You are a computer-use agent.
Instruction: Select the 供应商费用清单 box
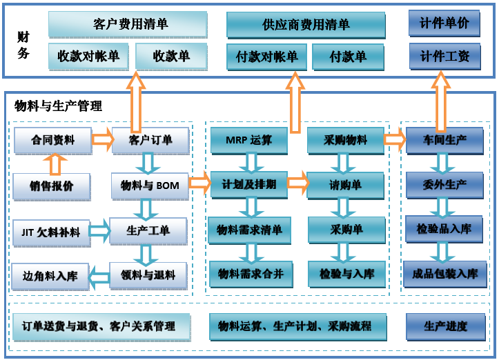pos(306,24)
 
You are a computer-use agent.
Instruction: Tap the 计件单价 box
pos(444,23)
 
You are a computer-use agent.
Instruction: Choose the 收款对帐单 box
pos(88,56)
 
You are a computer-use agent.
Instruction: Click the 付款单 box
pos(348,57)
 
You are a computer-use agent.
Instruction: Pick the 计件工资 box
pos(444,56)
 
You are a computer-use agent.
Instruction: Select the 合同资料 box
pos(52,140)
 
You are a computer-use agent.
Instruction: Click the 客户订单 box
pos(150,140)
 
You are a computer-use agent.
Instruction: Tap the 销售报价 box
pos(52,185)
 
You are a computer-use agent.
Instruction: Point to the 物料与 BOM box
pos(150,185)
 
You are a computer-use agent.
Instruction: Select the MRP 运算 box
pos(249,140)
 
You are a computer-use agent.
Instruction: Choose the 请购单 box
pos(345,184)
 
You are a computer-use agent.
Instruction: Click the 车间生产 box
pos(444,140)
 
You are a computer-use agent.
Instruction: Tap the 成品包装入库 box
pos(444,273)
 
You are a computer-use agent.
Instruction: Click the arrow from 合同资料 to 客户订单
pos(103,140)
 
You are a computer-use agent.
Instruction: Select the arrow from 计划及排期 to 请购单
pos(297,183)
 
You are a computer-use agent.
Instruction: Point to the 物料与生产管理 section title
pos(58,106)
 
